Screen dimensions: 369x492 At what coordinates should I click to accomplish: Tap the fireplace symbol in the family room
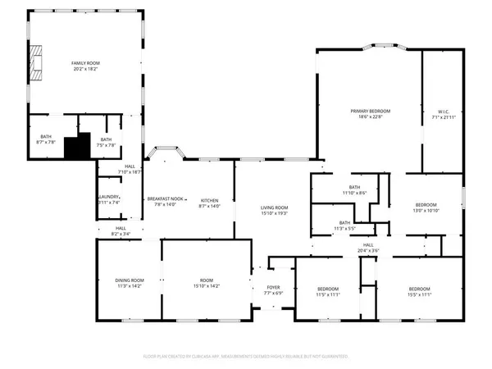click(x=35, y=58)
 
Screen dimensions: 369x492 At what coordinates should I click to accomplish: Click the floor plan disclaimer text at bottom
click(x=246, y=357)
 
